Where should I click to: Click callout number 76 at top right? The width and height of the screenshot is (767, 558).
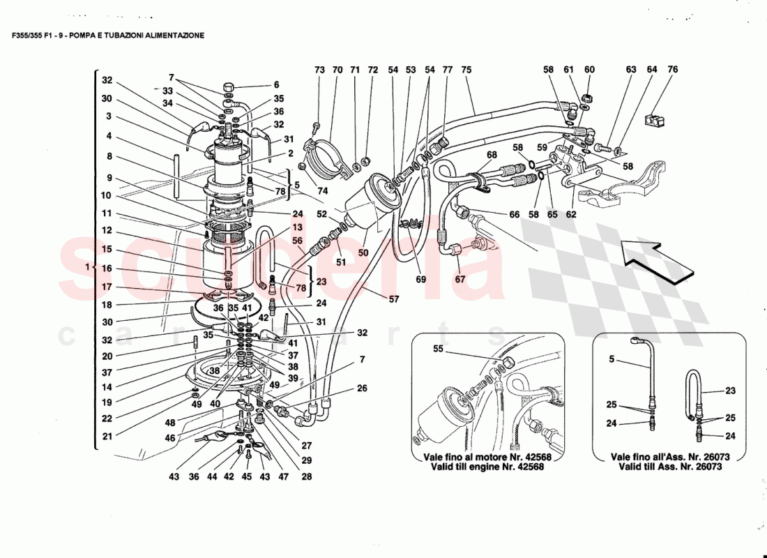[x=672, y=70]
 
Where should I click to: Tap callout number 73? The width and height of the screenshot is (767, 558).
[x=319, y=70]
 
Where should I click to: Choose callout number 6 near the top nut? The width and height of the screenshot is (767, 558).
[x=275, y=84]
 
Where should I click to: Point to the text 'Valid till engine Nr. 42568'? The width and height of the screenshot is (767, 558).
[x=483, y=467]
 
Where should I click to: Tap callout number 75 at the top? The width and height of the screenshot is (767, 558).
[x=466, y=70]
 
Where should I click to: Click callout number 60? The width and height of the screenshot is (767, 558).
[x=589, y=70]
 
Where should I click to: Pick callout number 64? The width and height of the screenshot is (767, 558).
[x=651, y=70]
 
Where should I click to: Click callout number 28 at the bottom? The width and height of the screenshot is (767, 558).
[x=307, y=477]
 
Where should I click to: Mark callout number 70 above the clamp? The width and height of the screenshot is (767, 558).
[x=337, y=70]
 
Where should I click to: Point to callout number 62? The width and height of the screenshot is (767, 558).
[x=572, y=215]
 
